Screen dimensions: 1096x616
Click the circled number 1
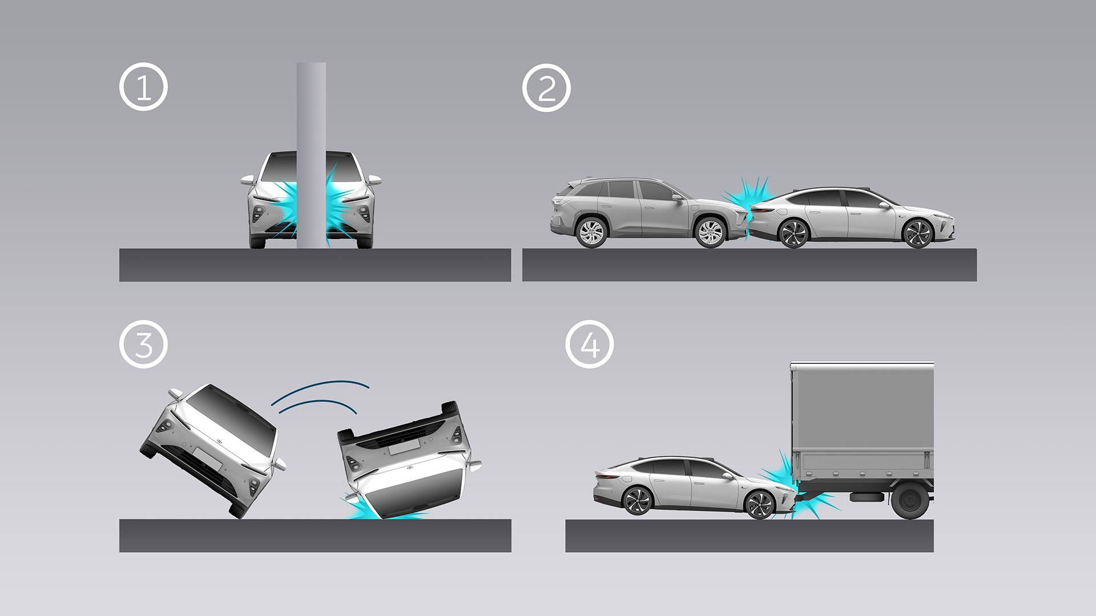[x=143, y=87]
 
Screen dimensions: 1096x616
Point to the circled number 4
[x=590, y=344]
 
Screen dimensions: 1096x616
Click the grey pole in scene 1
[x=311, y=155]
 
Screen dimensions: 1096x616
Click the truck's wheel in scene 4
[x=909, y=501]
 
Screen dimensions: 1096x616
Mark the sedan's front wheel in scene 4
[x=760, y=504]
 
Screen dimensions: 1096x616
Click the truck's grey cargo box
[x=862, y=422]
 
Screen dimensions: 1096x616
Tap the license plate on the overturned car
[x=405, y=448]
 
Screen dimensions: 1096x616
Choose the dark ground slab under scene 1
[x=315, y=265]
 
